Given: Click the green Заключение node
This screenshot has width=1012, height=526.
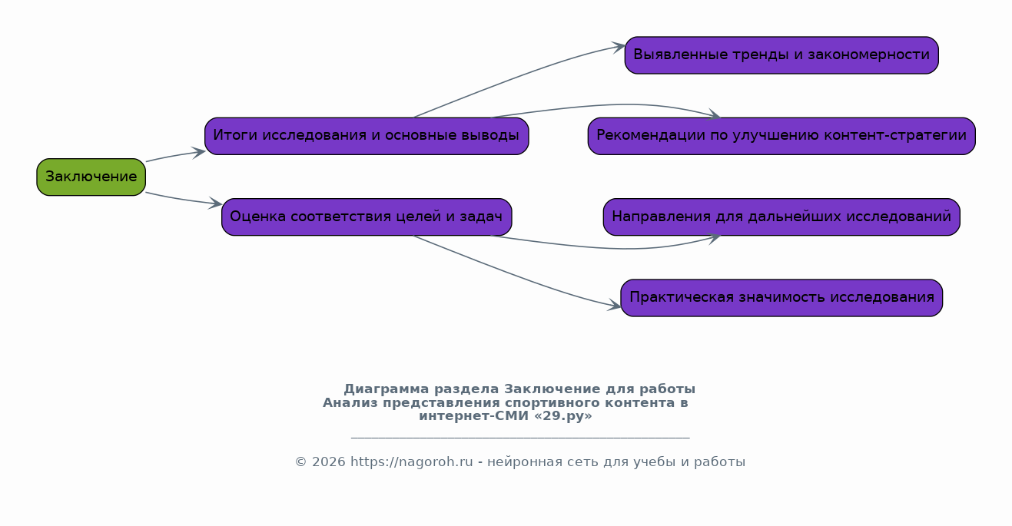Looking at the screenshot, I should click(91, 177).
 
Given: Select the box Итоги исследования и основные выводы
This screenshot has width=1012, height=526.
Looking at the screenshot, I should click(366, 136).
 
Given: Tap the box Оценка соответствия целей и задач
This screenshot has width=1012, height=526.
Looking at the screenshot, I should click(366, 217).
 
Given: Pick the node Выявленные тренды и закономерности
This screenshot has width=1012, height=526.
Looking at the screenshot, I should click(781, 55).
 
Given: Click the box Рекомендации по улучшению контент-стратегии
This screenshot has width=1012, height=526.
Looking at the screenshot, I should click(781, 136).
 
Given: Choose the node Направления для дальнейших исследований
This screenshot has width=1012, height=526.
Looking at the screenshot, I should click(781, 217).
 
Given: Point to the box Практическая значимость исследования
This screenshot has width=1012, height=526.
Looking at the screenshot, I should click(781, 298).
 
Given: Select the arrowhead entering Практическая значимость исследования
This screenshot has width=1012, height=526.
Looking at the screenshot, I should click(615, 306).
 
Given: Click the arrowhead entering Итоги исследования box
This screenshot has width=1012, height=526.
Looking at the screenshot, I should click(199, 151).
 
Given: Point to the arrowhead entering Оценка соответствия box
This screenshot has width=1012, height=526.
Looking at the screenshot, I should click(216, 204).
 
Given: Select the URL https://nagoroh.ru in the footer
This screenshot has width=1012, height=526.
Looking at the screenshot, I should click(411, 462).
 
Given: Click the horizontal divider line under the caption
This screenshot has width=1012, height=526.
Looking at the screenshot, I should click(519, 438).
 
